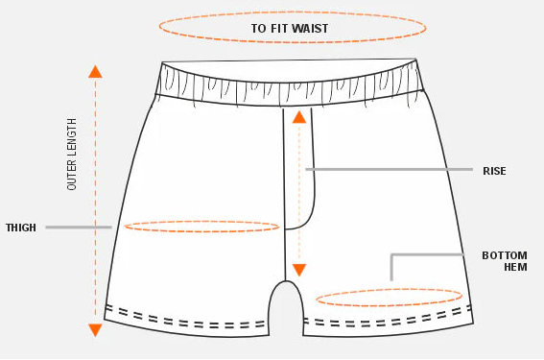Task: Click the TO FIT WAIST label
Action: (x=290, y=29)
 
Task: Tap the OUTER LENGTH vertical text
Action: (x=72, y=155)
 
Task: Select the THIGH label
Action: (x=21, y=228)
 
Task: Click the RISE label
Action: (x=495, y=171)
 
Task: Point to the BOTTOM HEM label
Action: (x=505, y=261)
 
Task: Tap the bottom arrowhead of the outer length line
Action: (x=95, y=330)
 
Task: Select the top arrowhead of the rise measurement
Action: (x=299, y=117)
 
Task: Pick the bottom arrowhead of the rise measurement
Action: (x=299, y=271)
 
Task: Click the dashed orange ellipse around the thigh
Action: (x=201, y=227)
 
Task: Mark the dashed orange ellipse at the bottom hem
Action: (x=390, y=298)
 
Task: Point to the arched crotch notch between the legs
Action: (x=285, y=293)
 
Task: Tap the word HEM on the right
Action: (x=515, y=268)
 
